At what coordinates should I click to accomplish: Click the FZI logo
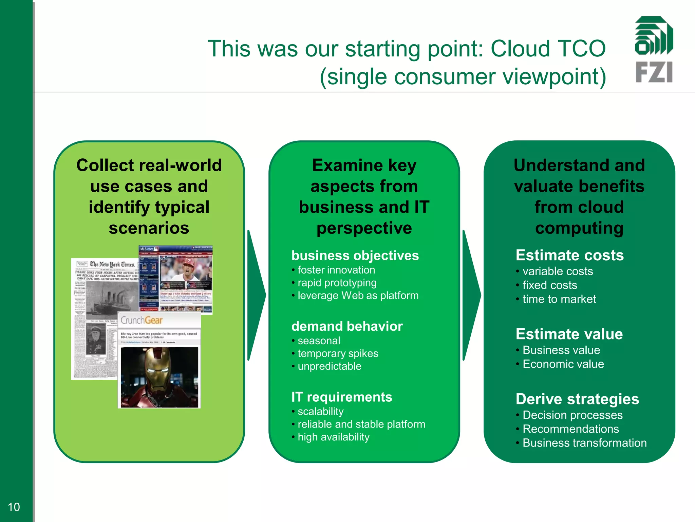click(x=654, y=49)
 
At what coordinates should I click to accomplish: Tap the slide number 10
click(x=14, y=507)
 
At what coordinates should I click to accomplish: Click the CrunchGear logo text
click(x=142, y=320)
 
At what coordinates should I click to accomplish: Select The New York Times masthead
click(x=112, y=264)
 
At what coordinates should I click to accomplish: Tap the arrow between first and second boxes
click(x=256, y=295)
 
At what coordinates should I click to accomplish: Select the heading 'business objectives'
click(x=355, y=256)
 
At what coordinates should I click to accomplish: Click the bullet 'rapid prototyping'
click(x=337, y=283)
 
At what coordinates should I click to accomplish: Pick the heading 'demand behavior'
click(x=347, y=326)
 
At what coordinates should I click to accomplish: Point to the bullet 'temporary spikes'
click(x=338, y=353)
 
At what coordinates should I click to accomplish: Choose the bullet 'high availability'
click(x=333, y=437)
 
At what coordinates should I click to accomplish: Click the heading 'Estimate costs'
click(x=569, y=255)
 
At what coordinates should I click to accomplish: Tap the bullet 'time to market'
click(x=559, y=299)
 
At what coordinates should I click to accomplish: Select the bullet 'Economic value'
click(x=563, y=364)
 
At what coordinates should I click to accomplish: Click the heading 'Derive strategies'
click(x=577, y=399)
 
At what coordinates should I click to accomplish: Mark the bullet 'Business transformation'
click(x=584, y=443)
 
